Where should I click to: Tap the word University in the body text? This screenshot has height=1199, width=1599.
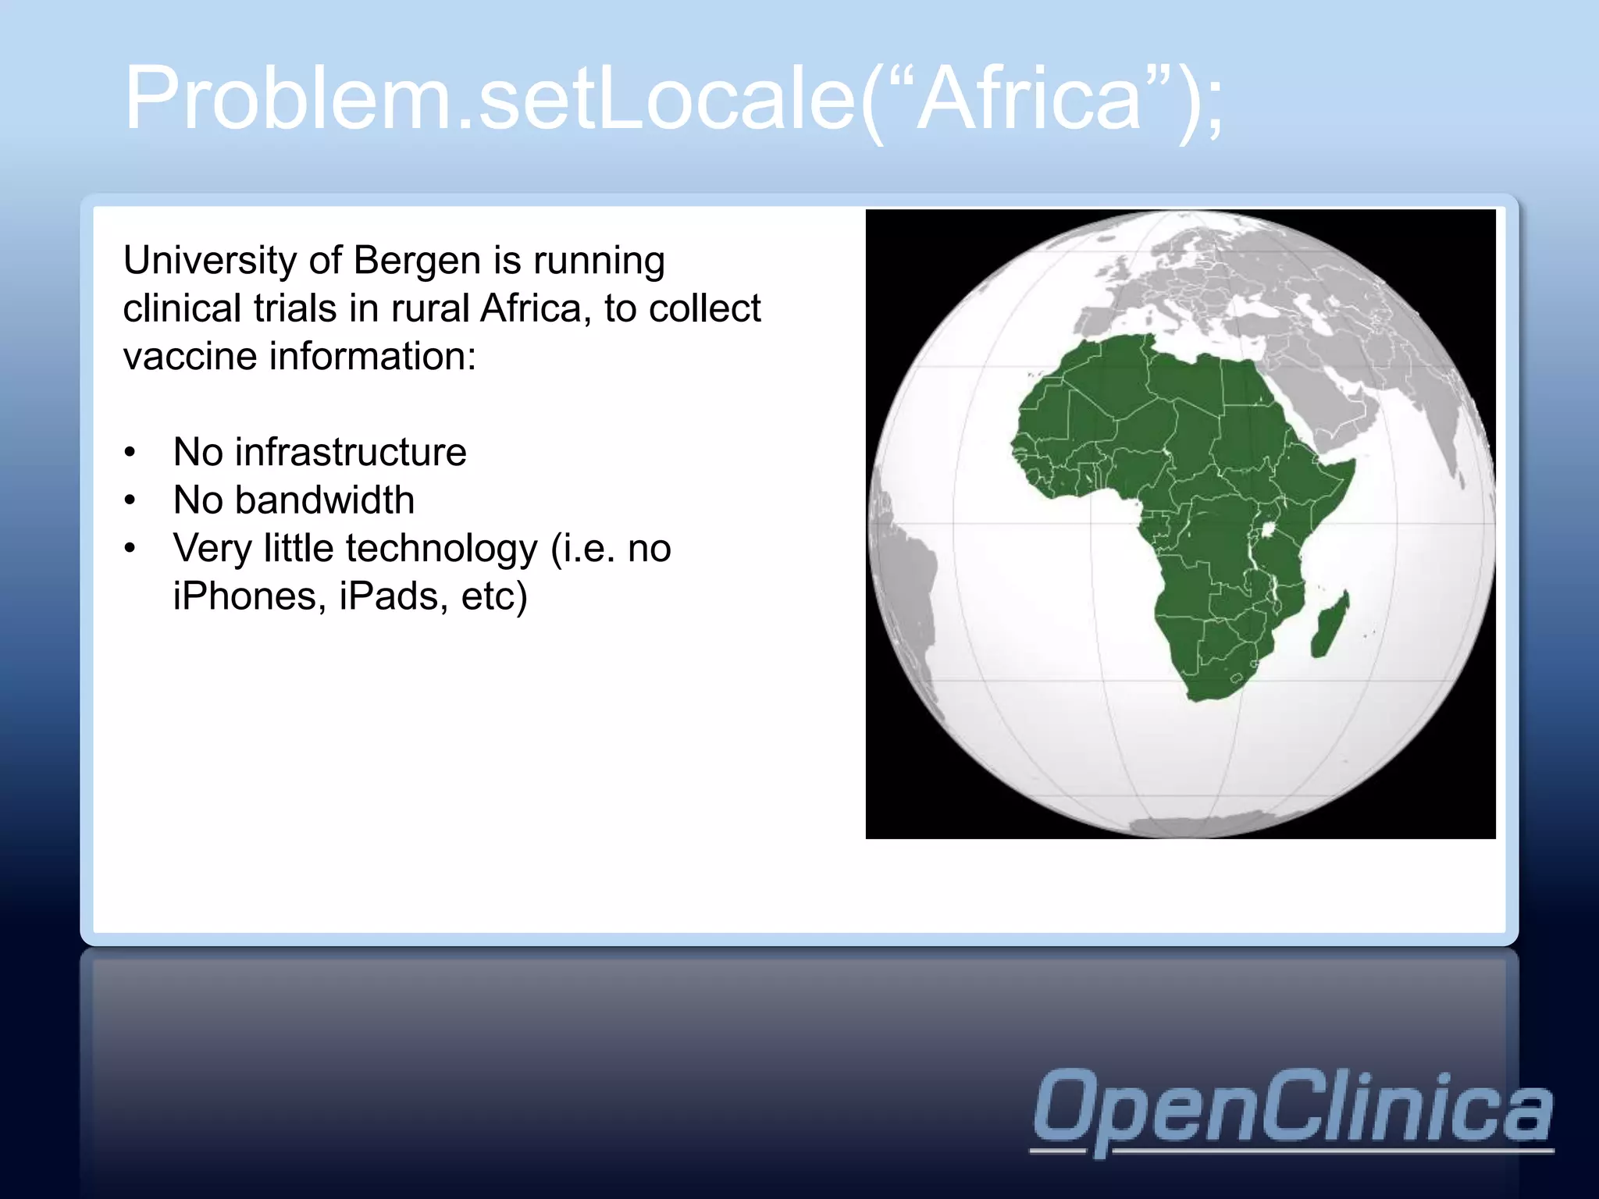point(205,261)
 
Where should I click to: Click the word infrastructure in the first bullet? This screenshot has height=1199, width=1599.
point(351,452)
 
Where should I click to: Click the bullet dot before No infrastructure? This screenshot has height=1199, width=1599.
point(130,452)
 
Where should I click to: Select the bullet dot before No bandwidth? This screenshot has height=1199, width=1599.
point(130,500)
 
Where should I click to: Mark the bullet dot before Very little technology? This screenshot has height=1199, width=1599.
point(130,548)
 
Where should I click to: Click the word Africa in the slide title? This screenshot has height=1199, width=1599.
point(1029,100)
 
